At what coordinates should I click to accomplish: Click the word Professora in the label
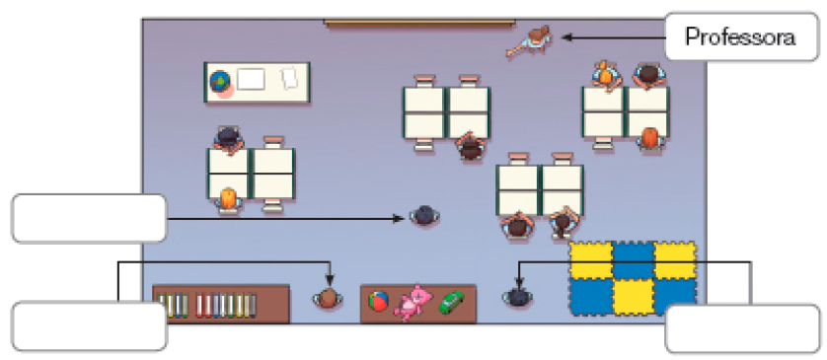(x=740, y=37)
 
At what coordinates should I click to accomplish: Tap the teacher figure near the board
(x=530, y=42)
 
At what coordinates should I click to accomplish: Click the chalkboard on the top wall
(x=417, y=22)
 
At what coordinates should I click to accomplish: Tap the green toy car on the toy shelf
(x=451, y=302)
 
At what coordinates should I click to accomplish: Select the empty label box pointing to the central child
(x=89, y=218)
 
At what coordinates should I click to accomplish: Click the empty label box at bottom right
(x=742, y=328)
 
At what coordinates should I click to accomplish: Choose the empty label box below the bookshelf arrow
(x=89, y=326)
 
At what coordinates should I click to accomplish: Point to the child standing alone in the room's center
(x=424, y=215)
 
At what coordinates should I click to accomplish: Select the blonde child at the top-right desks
(x=605, y=74)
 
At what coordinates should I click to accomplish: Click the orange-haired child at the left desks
(x=229, y=198)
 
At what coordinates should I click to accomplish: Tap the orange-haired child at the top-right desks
(x=650, y=138)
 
